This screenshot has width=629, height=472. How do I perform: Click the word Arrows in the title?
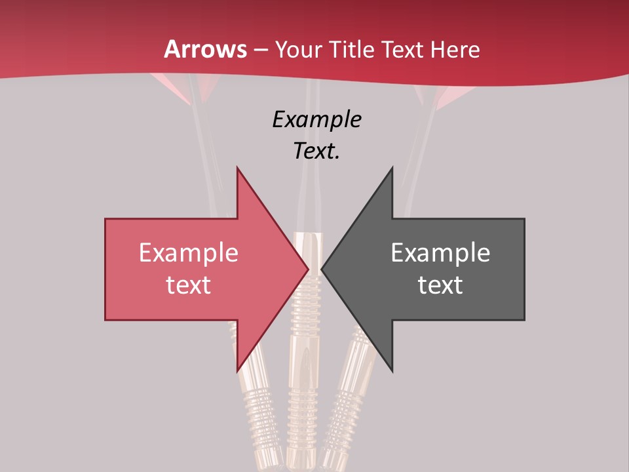point(205,49)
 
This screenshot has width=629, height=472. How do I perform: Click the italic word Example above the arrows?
point(316,120)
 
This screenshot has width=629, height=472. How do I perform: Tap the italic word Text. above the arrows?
point(316,151)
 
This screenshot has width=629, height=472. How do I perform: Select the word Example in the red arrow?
point(189,253)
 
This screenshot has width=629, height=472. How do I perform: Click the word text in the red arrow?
point(189,285)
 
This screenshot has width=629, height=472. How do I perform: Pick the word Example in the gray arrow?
point(440,253)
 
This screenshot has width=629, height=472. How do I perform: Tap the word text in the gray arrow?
point(440,285)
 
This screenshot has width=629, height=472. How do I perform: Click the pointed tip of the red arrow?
point(309,269)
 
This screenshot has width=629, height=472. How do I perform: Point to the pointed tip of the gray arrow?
point(322,269)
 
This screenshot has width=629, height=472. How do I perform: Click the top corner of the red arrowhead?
point(237,168)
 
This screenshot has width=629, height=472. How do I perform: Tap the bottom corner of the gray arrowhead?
point(392,372)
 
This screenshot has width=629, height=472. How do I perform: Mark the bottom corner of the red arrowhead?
point(237,372)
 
